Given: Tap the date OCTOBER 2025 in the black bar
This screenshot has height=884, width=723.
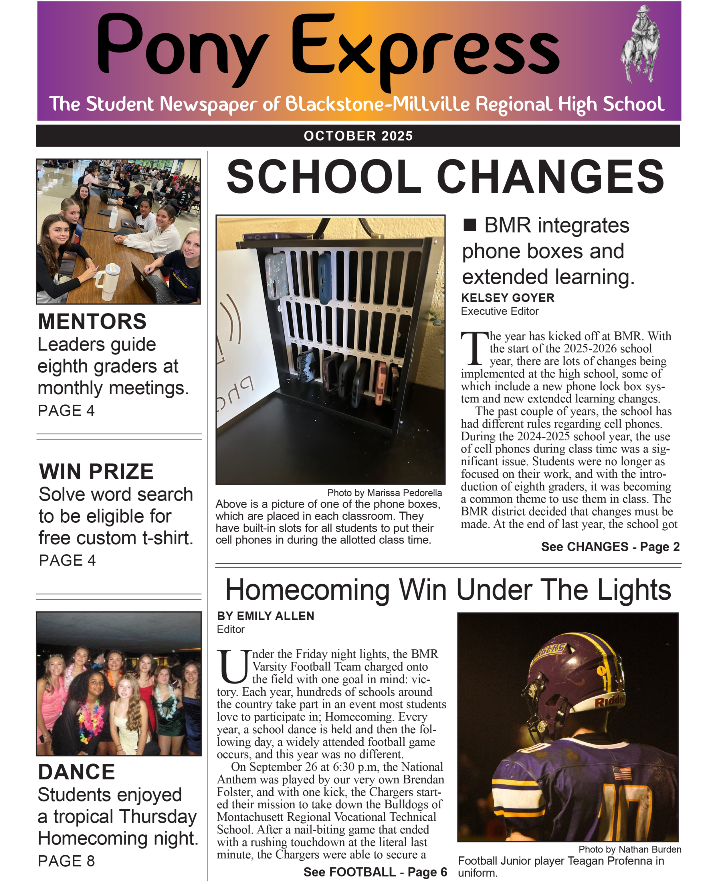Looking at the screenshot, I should point(358,136).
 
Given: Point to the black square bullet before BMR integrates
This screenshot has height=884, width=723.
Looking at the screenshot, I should point(470,225).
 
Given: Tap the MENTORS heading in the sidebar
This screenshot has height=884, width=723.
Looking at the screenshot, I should point(92,321).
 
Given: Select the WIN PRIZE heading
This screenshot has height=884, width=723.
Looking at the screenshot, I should point(96,471).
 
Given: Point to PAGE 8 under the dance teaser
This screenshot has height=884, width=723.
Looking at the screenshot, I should point(66,861).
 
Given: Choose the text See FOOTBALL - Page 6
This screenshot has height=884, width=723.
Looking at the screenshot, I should point(375,872).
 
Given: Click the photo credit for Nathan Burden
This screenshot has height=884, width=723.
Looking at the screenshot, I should point(630,849).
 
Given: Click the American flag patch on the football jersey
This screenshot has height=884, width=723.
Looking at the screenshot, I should point(622,773).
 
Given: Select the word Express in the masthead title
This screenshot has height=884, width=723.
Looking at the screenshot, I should point(425,48).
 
